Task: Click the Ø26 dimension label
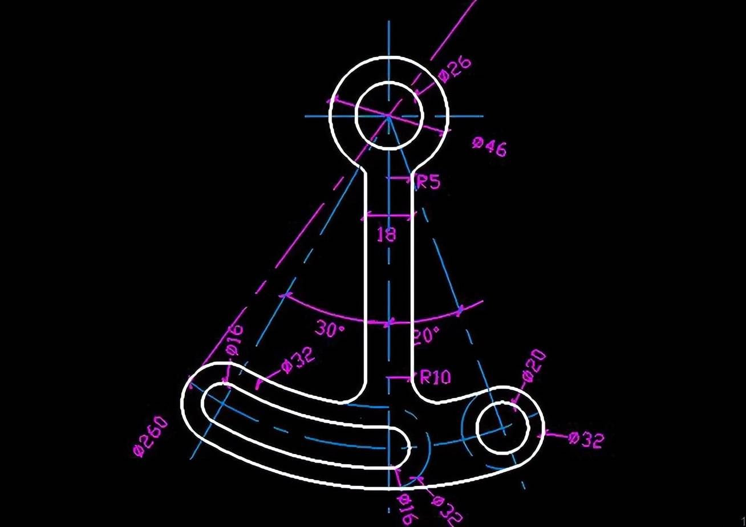455,70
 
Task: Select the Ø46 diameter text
489,147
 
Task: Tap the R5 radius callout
429,182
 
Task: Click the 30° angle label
330,329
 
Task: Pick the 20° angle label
426,335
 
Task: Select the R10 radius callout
435,377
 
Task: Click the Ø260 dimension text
151,436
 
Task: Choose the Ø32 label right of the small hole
586,440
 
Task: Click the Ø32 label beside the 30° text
298,360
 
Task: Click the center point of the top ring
388,116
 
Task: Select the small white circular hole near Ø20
502,428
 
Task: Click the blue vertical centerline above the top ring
388,38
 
